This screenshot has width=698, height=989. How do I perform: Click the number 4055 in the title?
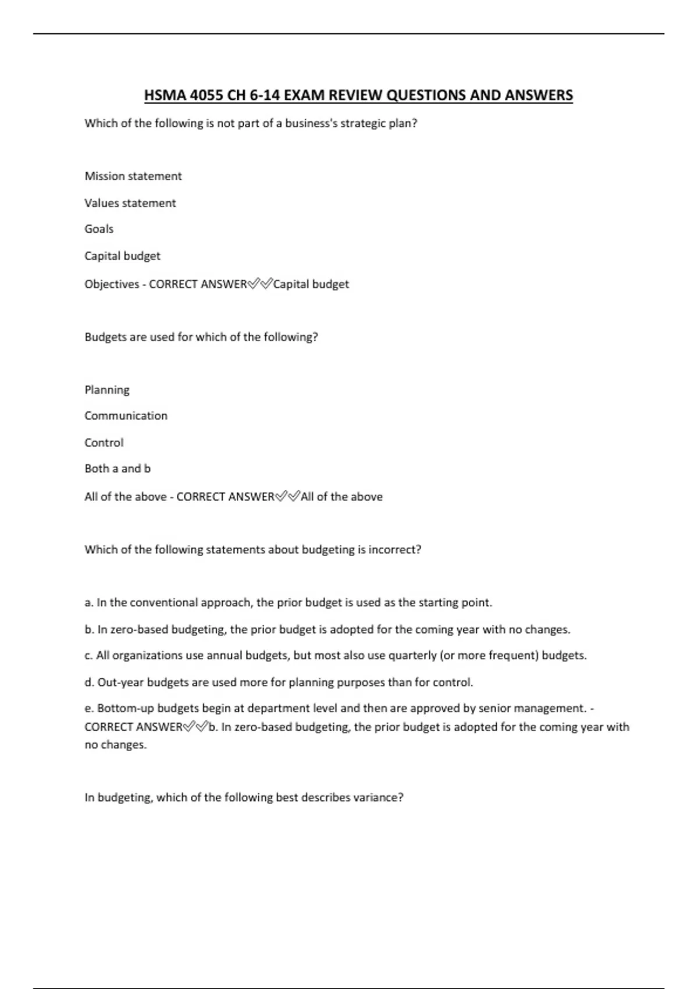(206, 95)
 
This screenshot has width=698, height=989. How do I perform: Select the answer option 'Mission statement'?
(133, 176)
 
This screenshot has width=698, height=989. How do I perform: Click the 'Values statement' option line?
(130, 203)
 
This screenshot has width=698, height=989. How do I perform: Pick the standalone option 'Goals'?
(99, 229)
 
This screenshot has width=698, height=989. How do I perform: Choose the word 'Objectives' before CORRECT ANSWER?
(112, 284)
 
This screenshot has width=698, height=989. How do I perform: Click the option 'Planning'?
(107, 390)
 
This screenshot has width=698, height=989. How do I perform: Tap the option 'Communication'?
(126, 416)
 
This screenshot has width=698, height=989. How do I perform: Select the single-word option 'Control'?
(104, 443)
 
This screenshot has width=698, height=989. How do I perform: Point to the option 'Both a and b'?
(117, 469)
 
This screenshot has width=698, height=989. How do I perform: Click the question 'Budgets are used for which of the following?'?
(201, 337)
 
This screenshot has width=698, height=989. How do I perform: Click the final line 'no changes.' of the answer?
(116, 745)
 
